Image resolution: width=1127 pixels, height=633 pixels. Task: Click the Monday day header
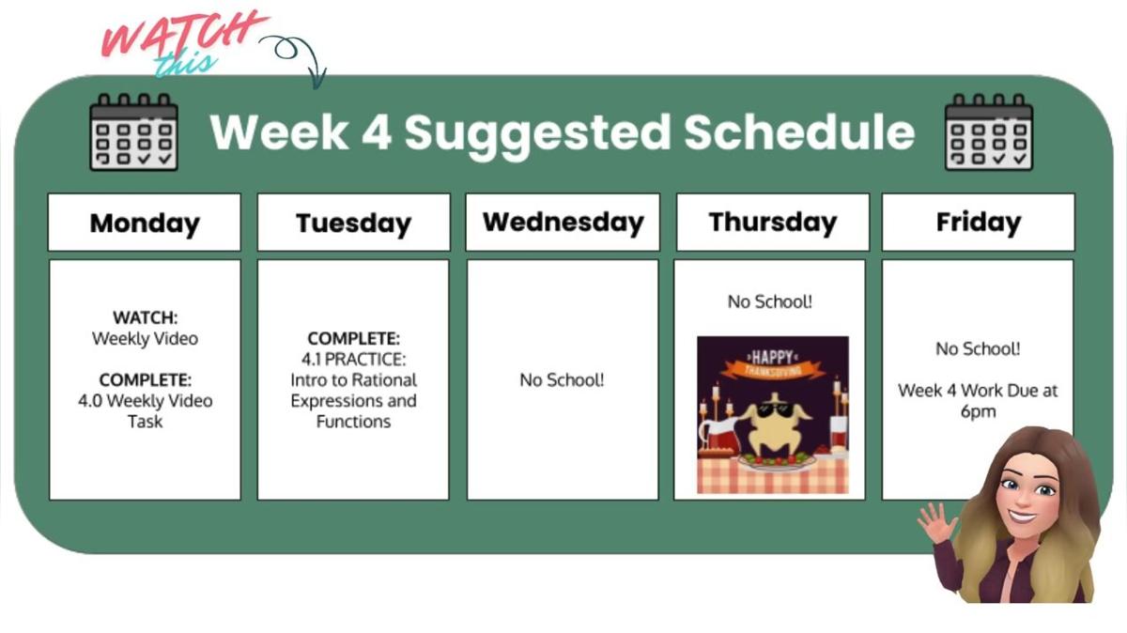click(x=145, y=224)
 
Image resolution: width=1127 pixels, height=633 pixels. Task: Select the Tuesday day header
click(x=353, y=224)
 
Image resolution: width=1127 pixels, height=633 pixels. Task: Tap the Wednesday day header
click(x=563, y=223)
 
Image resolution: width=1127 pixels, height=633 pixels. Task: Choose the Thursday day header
click(x=772, y=223)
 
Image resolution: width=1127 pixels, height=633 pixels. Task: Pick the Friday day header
click(x=978, y=223)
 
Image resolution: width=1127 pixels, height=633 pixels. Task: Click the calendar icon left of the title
click(x=133, y=132)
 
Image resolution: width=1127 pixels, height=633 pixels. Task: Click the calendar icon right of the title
click(x=988, y=132)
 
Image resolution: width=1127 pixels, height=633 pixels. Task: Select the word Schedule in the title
click(x=798, y=132)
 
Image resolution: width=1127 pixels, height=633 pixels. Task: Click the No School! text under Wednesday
click(x=562, y=380)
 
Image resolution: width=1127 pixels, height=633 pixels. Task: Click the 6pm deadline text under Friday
click(x=978, y=411)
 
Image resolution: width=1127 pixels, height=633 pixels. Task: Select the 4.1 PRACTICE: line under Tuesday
click(x=353, y=359)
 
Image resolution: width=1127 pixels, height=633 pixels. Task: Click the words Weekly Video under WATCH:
click(x=145, y=339)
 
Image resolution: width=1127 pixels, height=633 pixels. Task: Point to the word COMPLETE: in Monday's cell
click(x=145, y=380)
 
